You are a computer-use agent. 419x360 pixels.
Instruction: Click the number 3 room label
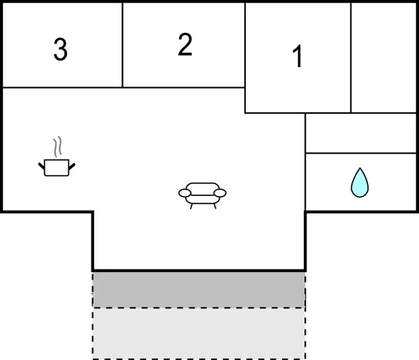60,49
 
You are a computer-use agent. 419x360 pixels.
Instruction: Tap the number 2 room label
185,45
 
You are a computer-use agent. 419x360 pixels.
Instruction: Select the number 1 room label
297,56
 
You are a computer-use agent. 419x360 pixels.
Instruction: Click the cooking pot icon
57,167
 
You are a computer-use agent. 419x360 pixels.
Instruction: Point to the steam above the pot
58,147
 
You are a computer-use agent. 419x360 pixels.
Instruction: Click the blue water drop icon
360,183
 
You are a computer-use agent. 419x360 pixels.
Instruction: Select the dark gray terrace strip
199,290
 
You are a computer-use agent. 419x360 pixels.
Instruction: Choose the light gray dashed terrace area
199,333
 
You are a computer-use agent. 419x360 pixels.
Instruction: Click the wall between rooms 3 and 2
122,45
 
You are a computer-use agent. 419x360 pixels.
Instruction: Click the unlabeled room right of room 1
383,58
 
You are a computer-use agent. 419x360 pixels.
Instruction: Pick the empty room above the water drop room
361,133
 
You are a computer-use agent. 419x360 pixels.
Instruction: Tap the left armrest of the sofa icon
184,193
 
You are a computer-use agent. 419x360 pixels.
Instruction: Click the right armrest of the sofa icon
220,193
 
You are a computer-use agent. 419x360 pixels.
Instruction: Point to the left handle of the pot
41,166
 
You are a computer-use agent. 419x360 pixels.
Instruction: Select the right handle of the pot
72,166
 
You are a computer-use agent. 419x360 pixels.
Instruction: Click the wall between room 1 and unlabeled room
351,58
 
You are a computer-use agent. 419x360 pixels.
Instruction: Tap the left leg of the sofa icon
191,207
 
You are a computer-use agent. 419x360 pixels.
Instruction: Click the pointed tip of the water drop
360,167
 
